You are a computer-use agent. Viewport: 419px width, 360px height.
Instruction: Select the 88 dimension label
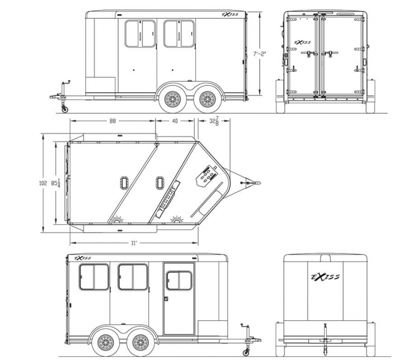point(113,121)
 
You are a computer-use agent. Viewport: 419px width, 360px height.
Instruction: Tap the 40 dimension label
point(175,121)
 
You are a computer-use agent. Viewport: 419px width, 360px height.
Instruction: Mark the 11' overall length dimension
point(134,243)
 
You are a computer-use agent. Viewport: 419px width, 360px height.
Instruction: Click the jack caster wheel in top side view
point(65,109)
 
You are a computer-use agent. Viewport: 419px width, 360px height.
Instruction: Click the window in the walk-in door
point(179,280)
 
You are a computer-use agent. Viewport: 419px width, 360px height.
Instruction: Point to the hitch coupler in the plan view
point(256,183)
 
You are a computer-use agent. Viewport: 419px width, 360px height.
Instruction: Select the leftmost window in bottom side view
point(94,277)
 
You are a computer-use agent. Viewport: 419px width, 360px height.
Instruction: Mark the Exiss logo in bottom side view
point(83,258)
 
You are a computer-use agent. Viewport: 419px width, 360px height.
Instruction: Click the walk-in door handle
point(166,300)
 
